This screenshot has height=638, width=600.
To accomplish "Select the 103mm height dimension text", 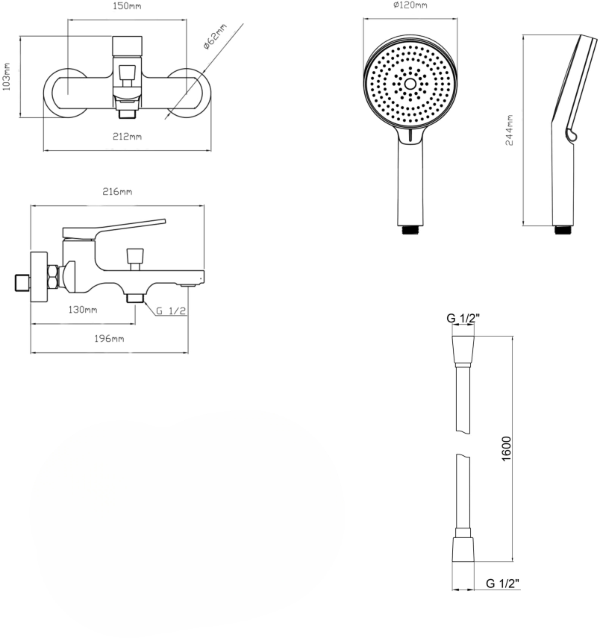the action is click(x=6, y=77).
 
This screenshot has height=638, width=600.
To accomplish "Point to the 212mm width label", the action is click(x=127, y=137).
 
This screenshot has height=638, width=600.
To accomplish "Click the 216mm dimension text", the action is click(x=117, y=192).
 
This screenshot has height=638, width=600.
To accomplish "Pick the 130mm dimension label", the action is click(x=83, y=310).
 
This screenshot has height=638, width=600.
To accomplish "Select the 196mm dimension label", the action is click(x=109, y=338).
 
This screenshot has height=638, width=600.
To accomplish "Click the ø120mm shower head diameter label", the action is click(x=410, y=5).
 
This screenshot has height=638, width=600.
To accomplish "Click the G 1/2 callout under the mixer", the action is click(x=171, y=311).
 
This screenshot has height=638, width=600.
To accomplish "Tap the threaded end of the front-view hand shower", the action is click(x=410, y=230).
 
